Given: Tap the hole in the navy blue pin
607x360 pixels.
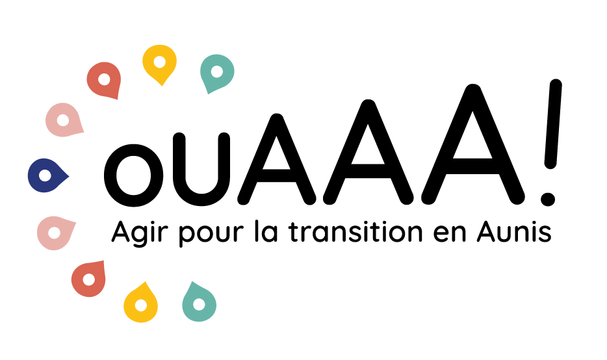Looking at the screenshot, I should [x=45, y=175].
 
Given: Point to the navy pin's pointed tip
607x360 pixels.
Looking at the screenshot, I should [x=68, y=175].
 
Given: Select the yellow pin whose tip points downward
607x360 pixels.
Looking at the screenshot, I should [x=159, y=64].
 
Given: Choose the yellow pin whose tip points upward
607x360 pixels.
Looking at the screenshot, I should [x=141, y=303].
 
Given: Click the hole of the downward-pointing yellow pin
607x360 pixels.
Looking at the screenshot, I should [x=159, y=62].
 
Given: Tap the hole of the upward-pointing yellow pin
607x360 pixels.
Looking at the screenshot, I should [x=141, y=305].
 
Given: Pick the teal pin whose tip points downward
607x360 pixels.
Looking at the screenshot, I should [x=216, y=72].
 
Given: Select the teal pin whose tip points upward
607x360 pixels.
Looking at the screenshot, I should [x=198, y=303].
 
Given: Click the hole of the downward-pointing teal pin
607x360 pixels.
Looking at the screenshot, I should [x=217, y=71].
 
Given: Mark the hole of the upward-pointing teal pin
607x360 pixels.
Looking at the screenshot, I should [x=199, y=304].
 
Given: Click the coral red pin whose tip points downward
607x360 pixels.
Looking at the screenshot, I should [x=105, y=80].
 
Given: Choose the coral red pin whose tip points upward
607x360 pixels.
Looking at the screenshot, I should [x=89, y=279].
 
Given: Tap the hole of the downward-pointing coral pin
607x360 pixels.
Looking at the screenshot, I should [x=104, y=79].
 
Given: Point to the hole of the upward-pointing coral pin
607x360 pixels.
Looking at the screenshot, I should [x=88, y=280].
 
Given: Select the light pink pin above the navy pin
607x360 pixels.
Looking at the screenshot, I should [x=64, y=121].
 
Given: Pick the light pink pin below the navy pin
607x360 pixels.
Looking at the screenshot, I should [x=55, y=232].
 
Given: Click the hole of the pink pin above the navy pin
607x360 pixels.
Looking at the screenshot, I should [x=63, y=120].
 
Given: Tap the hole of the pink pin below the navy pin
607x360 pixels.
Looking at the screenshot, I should [x=54, y=233].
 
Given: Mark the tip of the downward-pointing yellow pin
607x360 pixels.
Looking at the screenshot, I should [x=161, y=85].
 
